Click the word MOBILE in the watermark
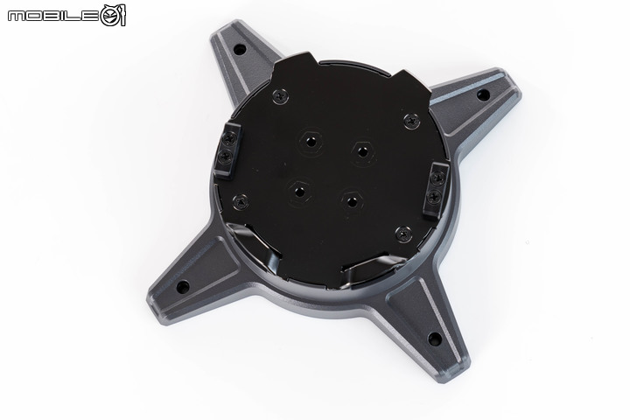click(x=53, y=16)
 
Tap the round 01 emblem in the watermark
click(x=113, y=16)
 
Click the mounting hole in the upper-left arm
click(x=240, y=50)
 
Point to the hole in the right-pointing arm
click(x=483, y=95)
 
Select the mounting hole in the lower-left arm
click(x=183, y=287)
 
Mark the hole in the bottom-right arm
click(x=435, y=339)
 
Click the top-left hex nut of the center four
click(x=310, y=141)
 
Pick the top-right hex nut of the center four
click(x=363, y=152)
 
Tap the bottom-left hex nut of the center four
click(x=299, y=192)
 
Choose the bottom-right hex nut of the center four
click(x=352, y=201)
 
